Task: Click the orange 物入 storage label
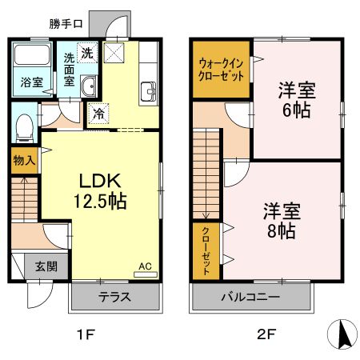pyautogui.click(x=24, y=160)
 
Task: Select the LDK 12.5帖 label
pyautogui.click(x=99, y=190)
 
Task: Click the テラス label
pyautogui.click(x=114, y=298)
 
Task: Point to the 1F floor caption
pyautogui.click(x=86, y=334)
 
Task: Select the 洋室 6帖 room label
pyautogui.click(x=297, y=100)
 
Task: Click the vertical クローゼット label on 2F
pyautogui.click(x=206, y=250)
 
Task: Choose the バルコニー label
pyautogui.click(x=250, y=298)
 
